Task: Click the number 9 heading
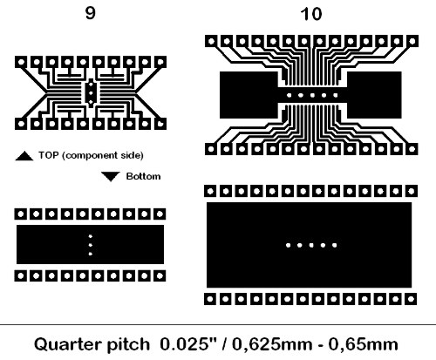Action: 91,13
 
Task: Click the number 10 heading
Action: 311,14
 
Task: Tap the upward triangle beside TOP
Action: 24,156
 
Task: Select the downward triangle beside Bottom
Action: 111,176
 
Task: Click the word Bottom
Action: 143,176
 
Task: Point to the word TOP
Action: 49,155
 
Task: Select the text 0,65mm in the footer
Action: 363,344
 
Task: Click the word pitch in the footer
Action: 128,345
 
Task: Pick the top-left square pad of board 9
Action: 21,62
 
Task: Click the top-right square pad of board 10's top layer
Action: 412,41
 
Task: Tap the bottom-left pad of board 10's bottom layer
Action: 210,299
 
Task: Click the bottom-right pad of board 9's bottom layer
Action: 160,275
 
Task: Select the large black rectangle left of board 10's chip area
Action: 249,95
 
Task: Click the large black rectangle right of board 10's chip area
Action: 374,95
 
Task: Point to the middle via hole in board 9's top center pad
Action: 91,93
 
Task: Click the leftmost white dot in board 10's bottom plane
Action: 288,245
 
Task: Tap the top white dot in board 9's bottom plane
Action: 91,236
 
